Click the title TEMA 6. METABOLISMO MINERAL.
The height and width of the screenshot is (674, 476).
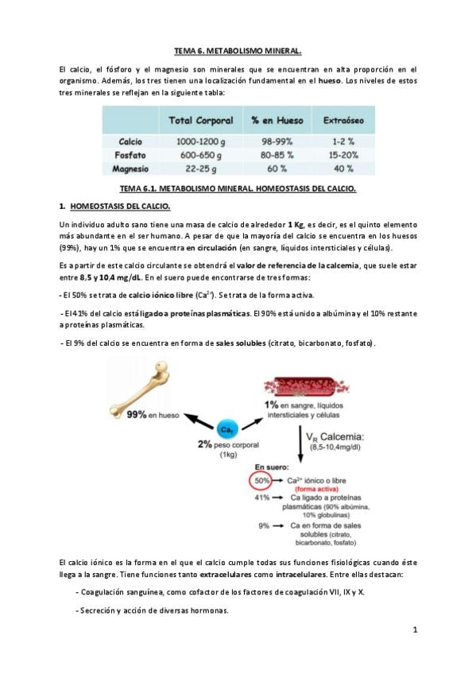click(238, 51)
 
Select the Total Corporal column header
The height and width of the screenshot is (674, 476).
click(200, 120)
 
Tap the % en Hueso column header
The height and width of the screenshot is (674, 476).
click(277, 120)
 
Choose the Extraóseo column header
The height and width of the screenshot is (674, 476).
click(343, 120)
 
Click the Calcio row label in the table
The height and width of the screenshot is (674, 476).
click(130, 141)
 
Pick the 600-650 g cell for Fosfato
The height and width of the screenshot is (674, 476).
click(200, 155)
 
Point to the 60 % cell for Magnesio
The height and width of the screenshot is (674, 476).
click(277, 168)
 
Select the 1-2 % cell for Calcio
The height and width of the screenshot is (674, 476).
click(343, 141)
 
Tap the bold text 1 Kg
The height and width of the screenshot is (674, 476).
click(296, 224)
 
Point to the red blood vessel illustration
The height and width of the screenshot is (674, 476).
click(306, 386)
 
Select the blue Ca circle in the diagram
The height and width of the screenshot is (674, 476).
click(226, 429)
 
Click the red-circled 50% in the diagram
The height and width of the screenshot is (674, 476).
click(261, 481)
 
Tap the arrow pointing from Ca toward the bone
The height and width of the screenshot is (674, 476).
click(199, 421)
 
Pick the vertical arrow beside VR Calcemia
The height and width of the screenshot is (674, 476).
click(300, 444)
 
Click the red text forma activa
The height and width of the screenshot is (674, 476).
click(316, 489)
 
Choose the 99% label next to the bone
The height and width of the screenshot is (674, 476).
click(136, 415)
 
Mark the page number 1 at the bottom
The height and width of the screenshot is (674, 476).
click(415, 630)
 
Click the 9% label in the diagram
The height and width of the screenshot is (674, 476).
click(264, 525)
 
